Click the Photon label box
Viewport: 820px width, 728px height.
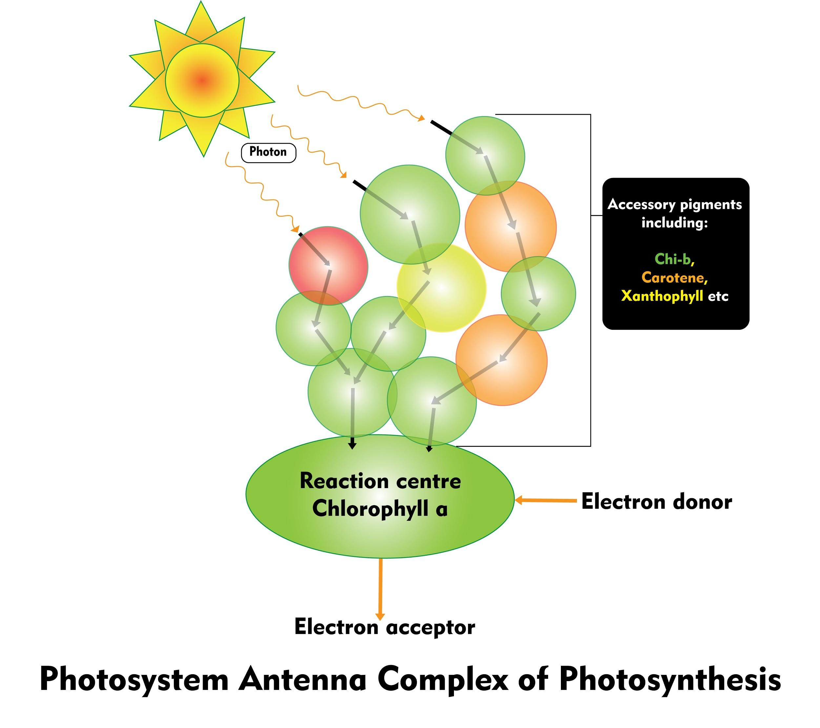coord(268,152)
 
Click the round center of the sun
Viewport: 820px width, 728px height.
coord(202,81)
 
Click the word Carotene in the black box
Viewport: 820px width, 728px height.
coord(673,277)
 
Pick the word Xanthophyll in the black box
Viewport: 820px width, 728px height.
coord(662,296)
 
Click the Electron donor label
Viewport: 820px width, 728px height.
coord(656,502)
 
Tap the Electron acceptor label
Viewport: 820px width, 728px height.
coord(384,627)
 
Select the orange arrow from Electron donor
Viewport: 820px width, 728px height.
coord(545,500)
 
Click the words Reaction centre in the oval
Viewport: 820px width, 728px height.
coord(380,481)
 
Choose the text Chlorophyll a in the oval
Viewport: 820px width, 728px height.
coord(379,509)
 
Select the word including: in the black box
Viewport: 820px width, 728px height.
coord(674,223)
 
